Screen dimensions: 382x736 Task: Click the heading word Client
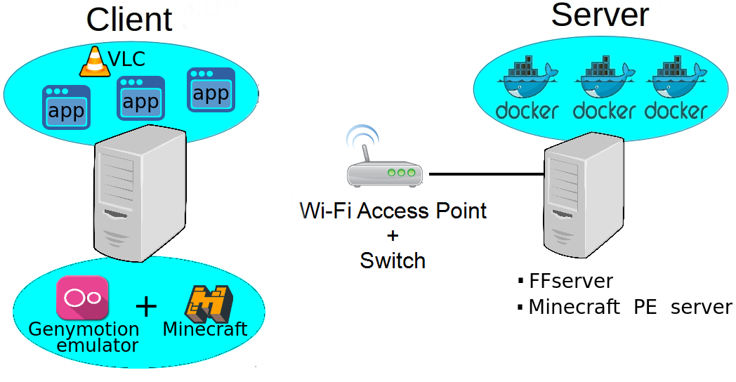point(129,20)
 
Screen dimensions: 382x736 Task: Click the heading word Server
point(600,15)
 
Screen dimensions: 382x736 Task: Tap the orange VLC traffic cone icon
point(95,62)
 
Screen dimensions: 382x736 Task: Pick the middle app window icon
point(140,98)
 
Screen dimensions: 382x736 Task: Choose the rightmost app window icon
point(211,89)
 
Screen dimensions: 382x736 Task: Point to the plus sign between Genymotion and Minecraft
point(146,306)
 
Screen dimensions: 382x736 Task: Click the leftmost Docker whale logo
point(527,81)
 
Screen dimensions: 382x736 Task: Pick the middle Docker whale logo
point(604,81)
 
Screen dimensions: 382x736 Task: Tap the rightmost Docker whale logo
point(676,81)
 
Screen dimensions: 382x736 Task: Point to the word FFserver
point(570,282)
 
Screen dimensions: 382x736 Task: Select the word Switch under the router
point(393,261)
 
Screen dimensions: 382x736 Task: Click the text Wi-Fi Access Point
point(393,210)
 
